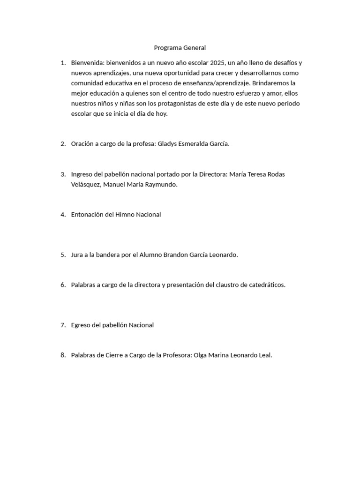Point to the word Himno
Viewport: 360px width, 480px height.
(x=125, y=215)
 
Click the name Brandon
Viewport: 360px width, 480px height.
(x=175, y=255)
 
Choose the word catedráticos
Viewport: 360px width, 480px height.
(x=266, y=285)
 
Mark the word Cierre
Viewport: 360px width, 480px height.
(x=119, y=355)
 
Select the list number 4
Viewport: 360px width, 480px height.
(x=63, y=215)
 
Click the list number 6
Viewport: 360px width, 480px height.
(x=63, y=285)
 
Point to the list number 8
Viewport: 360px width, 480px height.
(x=63, y=355)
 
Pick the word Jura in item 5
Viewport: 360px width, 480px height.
(x=77, y=255)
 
